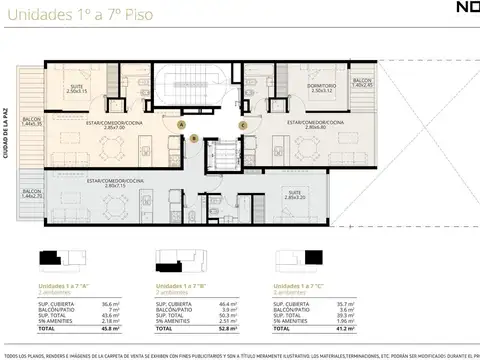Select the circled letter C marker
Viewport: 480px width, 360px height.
(243, 124)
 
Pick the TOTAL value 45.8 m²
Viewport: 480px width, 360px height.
(83, 325)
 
